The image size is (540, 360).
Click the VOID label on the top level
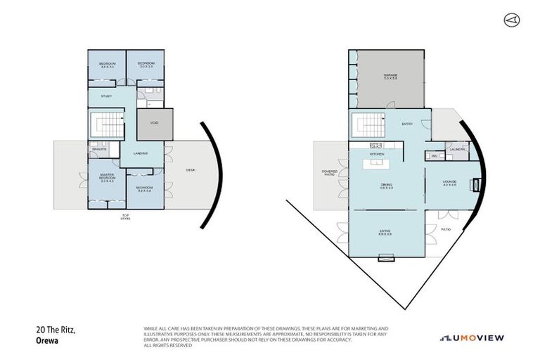pos(154,123)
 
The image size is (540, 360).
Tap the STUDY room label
pos(106,96)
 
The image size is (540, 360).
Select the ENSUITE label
pos(97,149)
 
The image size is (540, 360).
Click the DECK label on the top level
pos(190,170)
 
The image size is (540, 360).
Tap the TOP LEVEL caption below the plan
pos(126,217)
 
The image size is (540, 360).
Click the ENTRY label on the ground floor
pos(407,124)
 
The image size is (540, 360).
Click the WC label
pos(435,155)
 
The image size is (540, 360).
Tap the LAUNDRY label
pos(455,149)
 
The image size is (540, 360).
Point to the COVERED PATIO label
pos(329,173)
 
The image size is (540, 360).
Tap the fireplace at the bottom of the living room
pos(385,259)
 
